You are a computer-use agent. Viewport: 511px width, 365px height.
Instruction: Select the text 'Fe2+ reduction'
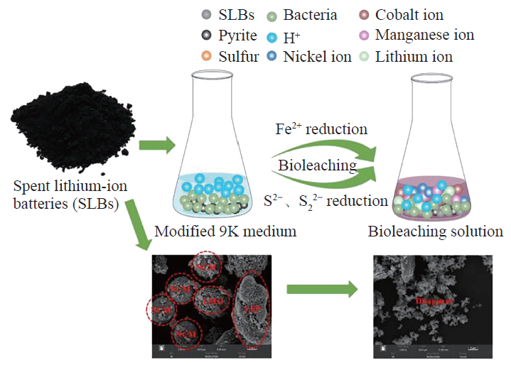pyautogui.click(x=321, y=129)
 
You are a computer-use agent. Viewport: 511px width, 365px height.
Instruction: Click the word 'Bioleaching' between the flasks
pyautogui.click(x=316, y=165)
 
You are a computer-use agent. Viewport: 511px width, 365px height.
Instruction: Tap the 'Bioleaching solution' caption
pyautogui.click(x=435, y=232)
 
